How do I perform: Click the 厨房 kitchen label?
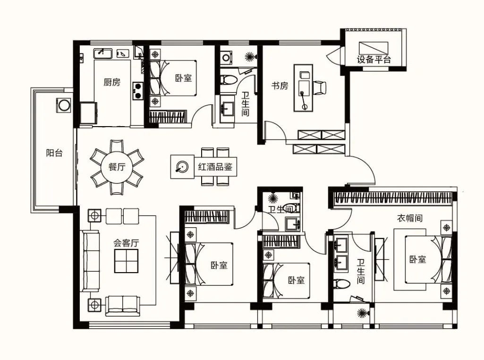(112, 82)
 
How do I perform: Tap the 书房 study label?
(280, 86)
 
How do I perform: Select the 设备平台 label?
(374, 59)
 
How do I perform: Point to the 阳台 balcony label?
(54, 153)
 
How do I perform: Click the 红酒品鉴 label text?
(215, 167)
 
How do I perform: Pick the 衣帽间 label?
(409, 218)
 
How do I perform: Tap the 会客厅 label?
(126, 243)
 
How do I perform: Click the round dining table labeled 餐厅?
(117, 167)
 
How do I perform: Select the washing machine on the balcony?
(64, 105)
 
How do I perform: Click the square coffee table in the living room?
(126, 261)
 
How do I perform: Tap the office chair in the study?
(320, 87)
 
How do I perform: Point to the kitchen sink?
(103, 53)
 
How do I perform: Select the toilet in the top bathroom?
(228, 80)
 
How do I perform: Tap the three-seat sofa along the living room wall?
(91, 261)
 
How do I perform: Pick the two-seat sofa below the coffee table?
(123, 306)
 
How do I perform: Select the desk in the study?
(303, 88)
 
